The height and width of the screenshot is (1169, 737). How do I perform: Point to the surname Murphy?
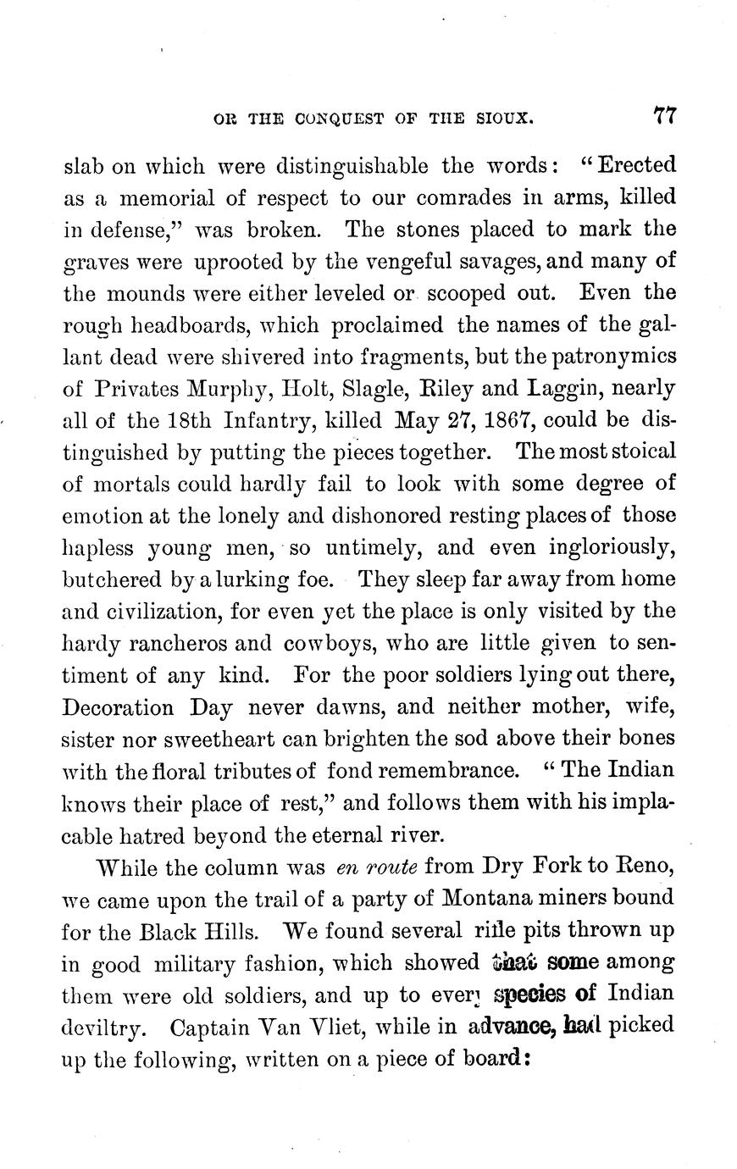click(x=223, y=390)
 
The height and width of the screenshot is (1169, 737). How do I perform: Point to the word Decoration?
click(x=119, y=707)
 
